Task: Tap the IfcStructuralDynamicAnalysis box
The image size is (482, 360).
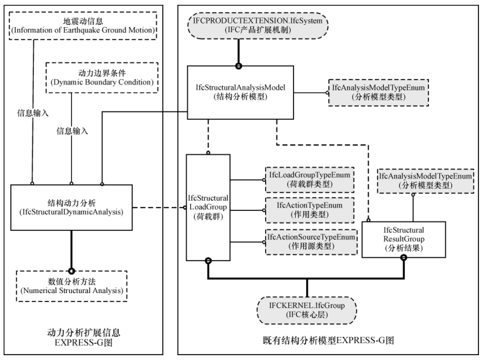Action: [x=72, y=207]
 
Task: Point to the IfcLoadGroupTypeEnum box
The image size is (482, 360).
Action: [x=310, y=178]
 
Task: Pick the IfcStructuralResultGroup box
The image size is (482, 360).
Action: [x=404, y=239]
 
